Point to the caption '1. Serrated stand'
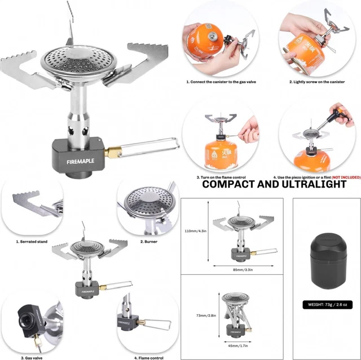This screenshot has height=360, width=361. pos(32,241)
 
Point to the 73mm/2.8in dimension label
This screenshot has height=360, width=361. pos(196,315)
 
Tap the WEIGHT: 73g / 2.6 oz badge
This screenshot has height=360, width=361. pos(327,305)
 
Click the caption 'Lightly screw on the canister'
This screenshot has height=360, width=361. pos(317,82)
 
